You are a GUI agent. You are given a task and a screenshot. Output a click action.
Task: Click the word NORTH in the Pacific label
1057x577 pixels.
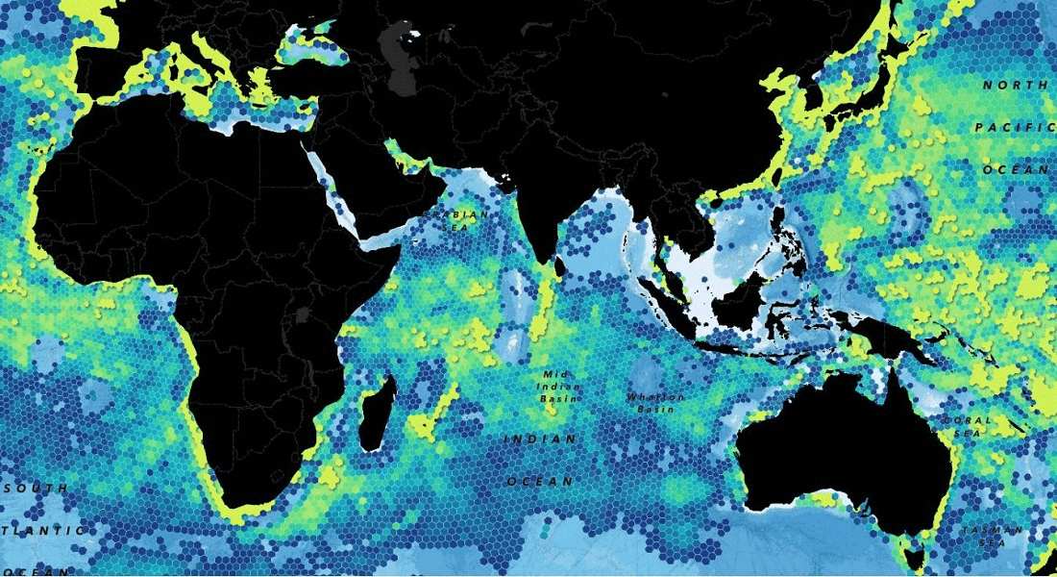tap(1014, 86)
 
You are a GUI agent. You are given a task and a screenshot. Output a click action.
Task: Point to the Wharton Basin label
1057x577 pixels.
tap(655, 402)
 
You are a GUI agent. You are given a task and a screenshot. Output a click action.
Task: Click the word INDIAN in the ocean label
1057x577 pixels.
tap(540, 439)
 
